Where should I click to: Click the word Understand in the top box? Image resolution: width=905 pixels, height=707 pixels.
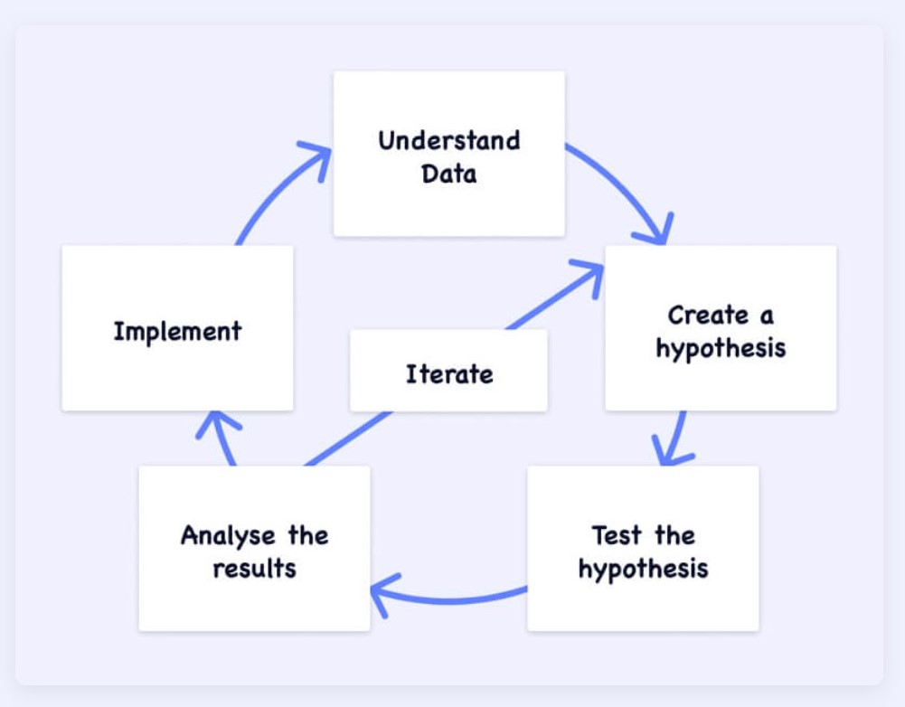tap(448, 141)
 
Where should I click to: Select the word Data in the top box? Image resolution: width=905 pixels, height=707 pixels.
tap(448, 174)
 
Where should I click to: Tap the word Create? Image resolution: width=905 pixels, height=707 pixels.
tap(708, 316)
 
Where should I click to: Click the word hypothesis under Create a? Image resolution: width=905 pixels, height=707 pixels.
tap(721, 349)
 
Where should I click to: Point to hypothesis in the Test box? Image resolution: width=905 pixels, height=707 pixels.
tap(643, 570)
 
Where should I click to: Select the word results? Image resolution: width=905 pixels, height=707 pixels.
tap(254, 570)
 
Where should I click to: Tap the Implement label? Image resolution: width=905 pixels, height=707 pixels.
tap(177, 331)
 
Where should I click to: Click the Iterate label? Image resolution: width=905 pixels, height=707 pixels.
tap(449, 373)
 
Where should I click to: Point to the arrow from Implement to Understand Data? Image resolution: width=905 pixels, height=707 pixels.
tap(271, 190)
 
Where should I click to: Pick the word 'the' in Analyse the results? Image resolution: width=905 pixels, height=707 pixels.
tap(307, 535)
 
